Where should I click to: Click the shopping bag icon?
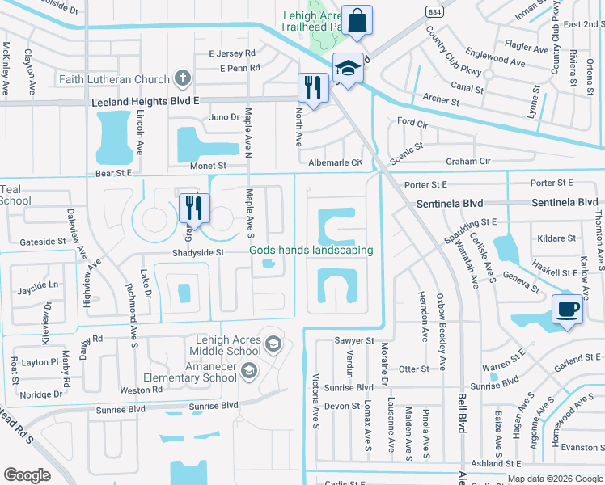(x=356, y=19)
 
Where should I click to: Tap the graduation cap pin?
(x=348, y=68)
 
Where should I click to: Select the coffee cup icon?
(x=567, y=308)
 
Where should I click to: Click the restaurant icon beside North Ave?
(x=311, y=86)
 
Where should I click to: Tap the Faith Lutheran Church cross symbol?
(x=183, y=78)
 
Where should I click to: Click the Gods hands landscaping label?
(x=311, y=250)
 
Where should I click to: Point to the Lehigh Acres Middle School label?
(x=226, y=345)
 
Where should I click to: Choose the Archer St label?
(x=441, y=100)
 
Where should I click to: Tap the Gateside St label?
(x=43, y=241)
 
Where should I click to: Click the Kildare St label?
(x=556, y=238)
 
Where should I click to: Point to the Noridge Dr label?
(x=43, y=394)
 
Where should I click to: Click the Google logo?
(x=27, y=474)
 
